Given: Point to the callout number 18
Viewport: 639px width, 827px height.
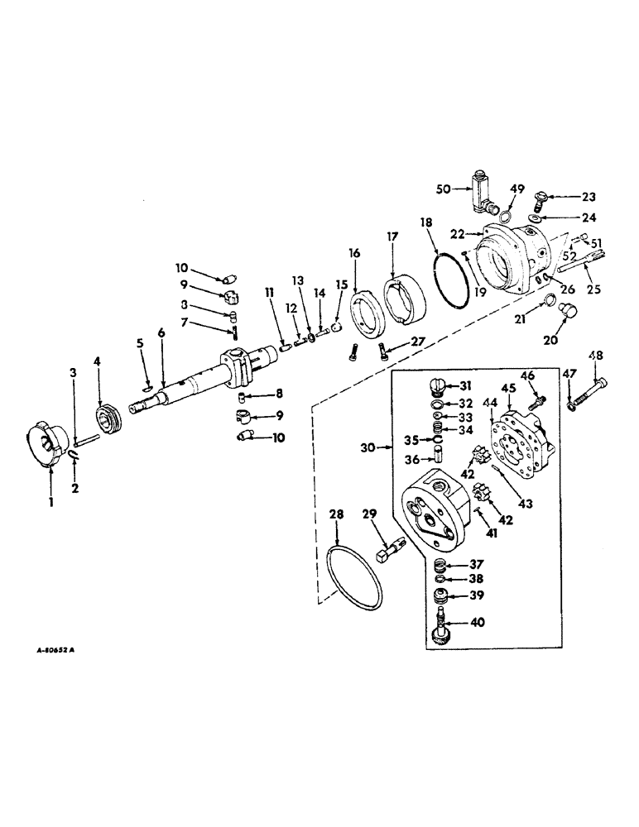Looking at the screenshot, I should point(426,223).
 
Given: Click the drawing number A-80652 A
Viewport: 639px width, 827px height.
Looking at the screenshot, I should point(51,650).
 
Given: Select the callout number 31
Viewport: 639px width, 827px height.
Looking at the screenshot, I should point(466,385).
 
